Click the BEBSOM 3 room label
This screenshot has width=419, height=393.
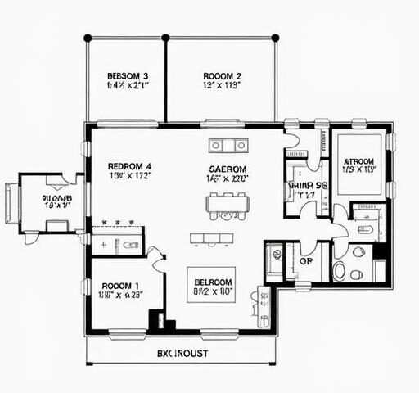(x=127, y=76)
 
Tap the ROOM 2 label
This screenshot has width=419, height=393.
(x=222, y=76)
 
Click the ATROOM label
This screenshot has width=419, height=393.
(x=358, y=162)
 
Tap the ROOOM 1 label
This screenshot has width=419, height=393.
(x=119, y=286)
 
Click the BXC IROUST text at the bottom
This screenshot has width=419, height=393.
(x=182, y=354)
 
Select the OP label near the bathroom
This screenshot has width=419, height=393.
(x=306, y=262)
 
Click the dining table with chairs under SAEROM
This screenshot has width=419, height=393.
(x=227, y=205)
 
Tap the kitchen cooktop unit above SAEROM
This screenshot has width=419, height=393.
(x=228, y=146)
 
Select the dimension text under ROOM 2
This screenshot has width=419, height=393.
(x=222, y=85)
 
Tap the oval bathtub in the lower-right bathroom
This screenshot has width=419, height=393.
(x=340, y=270)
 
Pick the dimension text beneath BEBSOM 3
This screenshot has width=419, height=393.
(x=127, y=85)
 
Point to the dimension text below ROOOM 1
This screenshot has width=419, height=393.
(x=119, y=296)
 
